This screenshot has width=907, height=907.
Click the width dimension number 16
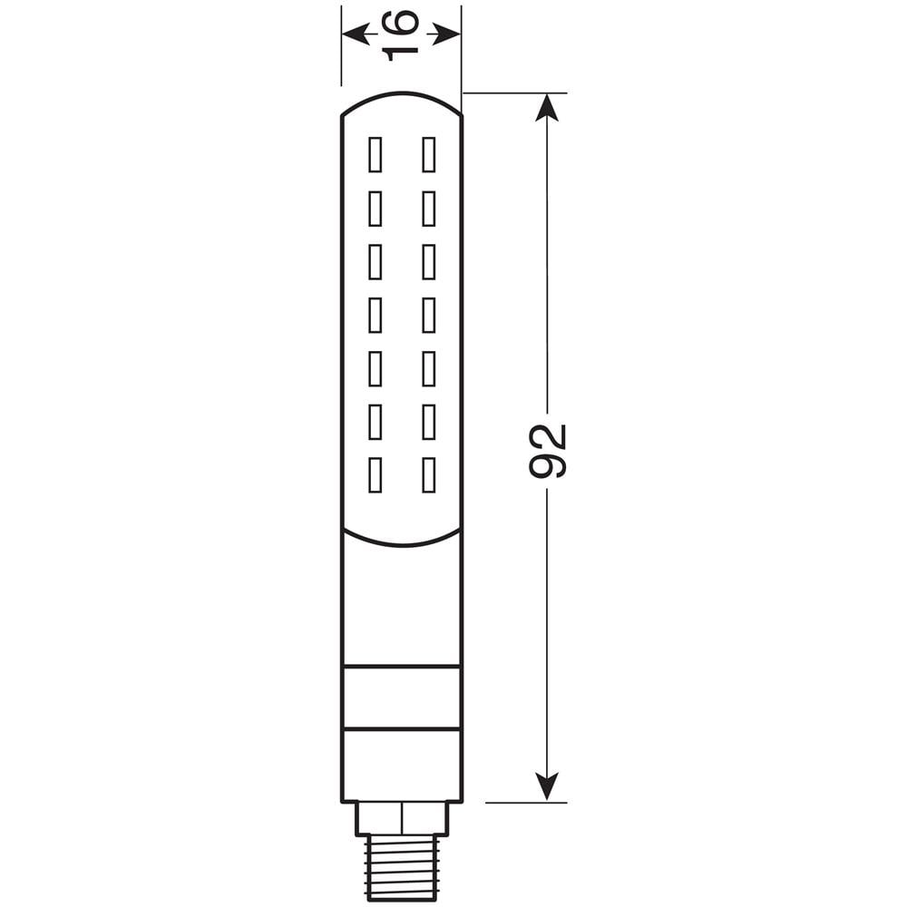tap(401, 34)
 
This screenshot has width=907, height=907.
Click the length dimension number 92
tap(548, 451)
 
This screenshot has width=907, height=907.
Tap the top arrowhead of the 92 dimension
tap(546, 108)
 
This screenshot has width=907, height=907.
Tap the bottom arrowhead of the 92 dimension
tap(546, 786)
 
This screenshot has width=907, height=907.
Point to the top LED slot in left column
tap(375, 155)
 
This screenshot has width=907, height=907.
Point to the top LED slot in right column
tap(429, 155)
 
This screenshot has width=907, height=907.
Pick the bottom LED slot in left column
tap(375, 475)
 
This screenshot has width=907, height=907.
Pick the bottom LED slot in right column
tap(429, 475)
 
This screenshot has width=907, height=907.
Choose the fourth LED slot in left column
tap(375, 315)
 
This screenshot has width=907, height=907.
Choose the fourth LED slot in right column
tap(429, 315)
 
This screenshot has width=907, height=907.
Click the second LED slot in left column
tap(375, 209)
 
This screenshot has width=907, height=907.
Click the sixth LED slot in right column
tap(429, 422)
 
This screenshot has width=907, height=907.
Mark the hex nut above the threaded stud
tap(401, 818)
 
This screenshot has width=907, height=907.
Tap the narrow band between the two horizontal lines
tap(401, 697)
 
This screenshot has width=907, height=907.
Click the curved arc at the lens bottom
tap(401, 543)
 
